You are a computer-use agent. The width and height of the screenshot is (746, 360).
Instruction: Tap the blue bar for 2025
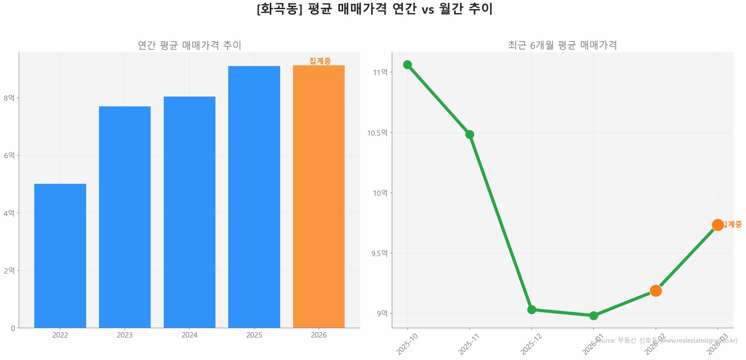pos(254,196)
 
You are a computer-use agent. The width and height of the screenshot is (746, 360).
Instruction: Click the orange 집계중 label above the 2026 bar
pos(320,61)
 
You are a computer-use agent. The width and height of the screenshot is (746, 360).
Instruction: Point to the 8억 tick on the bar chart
pos(9,98)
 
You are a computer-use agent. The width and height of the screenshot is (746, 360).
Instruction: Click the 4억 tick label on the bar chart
pos(9,213)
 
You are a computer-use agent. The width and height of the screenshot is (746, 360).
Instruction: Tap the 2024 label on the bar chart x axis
pos(189,335)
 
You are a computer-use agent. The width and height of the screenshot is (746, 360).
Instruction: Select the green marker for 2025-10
pos(407,64)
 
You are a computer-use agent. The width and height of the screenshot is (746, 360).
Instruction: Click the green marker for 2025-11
pos(469,134)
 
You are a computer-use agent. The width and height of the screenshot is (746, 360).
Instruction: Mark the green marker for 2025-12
pos(532,309)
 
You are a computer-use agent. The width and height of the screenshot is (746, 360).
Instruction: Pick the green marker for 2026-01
pos(594,315)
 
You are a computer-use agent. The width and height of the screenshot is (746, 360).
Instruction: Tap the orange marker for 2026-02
pos(656,291)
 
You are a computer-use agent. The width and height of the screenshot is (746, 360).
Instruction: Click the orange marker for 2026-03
pos(717,225)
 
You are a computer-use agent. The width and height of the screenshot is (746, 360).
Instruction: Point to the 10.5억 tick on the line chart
pos(377,133)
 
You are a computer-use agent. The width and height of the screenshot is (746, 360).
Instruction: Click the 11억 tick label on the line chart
pos(380,72)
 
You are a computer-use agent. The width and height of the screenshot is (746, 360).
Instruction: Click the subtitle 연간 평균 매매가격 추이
pos(189,45)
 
